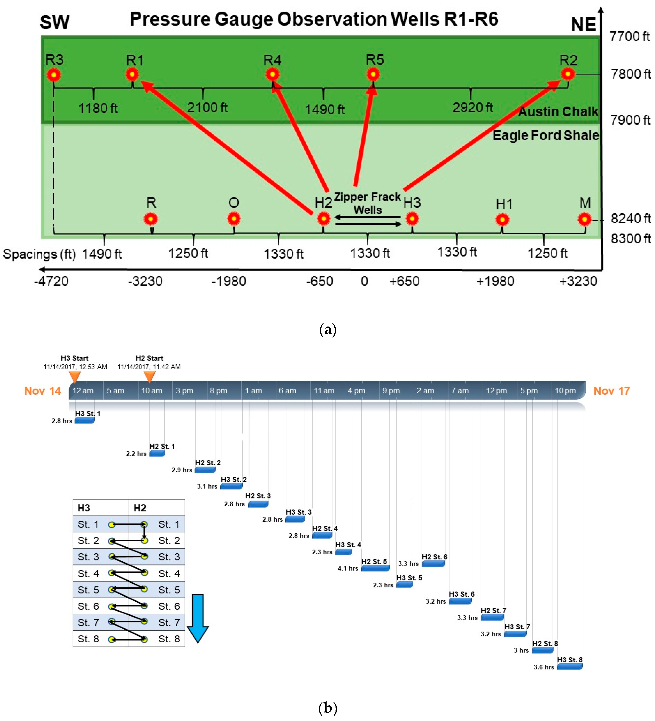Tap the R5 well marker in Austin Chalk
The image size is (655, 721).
[373, 74]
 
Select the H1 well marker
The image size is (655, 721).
[502, 219]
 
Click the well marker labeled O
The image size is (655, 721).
[234, 218]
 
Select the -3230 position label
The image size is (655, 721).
[145, 281]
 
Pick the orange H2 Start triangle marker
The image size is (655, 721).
[149, 376]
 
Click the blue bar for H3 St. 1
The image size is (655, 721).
[85, 421]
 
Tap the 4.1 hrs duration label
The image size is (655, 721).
[347, 568]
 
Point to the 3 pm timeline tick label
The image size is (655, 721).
[184, 391]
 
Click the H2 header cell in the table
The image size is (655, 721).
[140, 508]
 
